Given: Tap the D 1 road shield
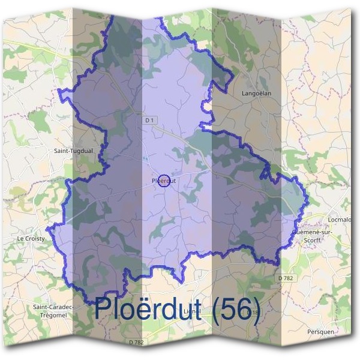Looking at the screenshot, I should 149,121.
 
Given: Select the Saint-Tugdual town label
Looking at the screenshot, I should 73,151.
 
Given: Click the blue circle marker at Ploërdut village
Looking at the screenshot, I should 164,180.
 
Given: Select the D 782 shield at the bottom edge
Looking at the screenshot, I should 136,342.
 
